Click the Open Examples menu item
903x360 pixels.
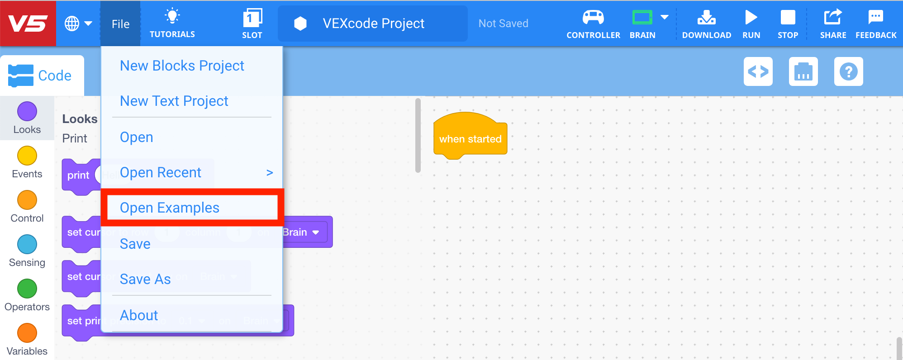(170, 208)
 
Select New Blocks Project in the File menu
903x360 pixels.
(182, 66)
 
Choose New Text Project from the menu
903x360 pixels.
(174, 101)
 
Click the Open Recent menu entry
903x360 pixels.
(161, 172)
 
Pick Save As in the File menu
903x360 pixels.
(145, 279)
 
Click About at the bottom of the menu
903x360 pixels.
(139, 315)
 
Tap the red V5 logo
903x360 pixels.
(28, 24)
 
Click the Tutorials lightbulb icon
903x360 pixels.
(172, 16)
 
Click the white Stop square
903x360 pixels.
(788, 18)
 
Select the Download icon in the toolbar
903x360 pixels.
(706, 18)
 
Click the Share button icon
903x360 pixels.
(833, 18)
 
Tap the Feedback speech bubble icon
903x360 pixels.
(876, 18)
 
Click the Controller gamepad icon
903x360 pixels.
(593, 18)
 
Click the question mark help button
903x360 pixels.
(848, 71)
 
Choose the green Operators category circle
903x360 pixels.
(27, 289)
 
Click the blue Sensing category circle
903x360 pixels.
(27, 244)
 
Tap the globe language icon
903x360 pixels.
(72, 24)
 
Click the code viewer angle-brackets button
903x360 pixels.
(758, 71)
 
